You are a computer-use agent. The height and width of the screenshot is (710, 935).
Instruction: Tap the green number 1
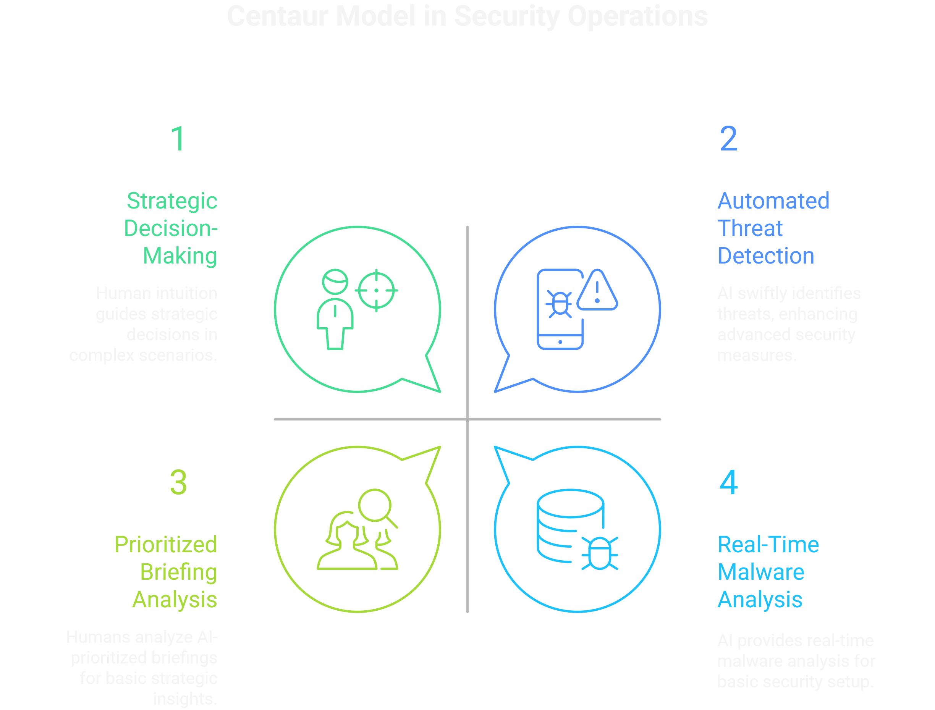178,139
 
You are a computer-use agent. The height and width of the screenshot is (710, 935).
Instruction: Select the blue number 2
728,139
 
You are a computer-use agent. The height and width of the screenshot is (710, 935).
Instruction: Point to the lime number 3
178,483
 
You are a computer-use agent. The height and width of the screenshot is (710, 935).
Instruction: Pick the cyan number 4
729,483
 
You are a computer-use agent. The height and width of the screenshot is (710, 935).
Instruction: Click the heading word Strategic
172,201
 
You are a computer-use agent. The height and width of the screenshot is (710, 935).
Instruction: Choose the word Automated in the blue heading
773,201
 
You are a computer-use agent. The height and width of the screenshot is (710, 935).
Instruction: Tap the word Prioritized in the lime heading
166,544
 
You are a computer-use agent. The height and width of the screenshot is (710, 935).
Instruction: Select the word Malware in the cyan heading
761,572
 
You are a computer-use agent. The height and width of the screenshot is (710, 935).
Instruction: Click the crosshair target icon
376,290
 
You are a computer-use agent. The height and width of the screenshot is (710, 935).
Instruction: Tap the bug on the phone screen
560,304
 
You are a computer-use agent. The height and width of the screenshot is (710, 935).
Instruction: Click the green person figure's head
335,281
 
